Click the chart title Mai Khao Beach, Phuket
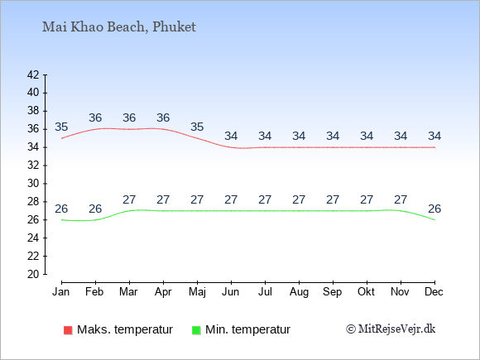119,27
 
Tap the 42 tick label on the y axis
33,74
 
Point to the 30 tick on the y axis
33,184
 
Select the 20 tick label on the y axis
33,274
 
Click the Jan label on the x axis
61,292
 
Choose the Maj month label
197,292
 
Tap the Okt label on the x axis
366,292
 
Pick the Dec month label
434,292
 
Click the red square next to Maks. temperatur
68,330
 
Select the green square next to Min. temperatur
196,330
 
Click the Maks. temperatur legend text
125,329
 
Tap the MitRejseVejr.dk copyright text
391,329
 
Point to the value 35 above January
61,127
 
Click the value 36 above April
163,118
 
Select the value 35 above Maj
197,127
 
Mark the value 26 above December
434,209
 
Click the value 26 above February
95,209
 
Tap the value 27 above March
129,199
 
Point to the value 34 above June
231,136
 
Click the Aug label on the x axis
299,292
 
